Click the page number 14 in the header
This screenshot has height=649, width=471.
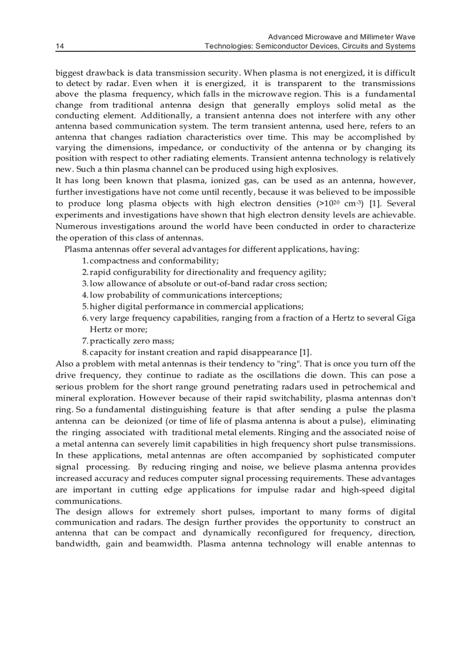[59, 46]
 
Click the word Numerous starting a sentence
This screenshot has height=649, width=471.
[74, 226]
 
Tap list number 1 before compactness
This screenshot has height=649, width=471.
[84, 261]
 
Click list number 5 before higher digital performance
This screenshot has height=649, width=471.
[84, 306]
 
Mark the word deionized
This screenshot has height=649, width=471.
[140, 421]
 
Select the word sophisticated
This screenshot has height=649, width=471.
[342, 455]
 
